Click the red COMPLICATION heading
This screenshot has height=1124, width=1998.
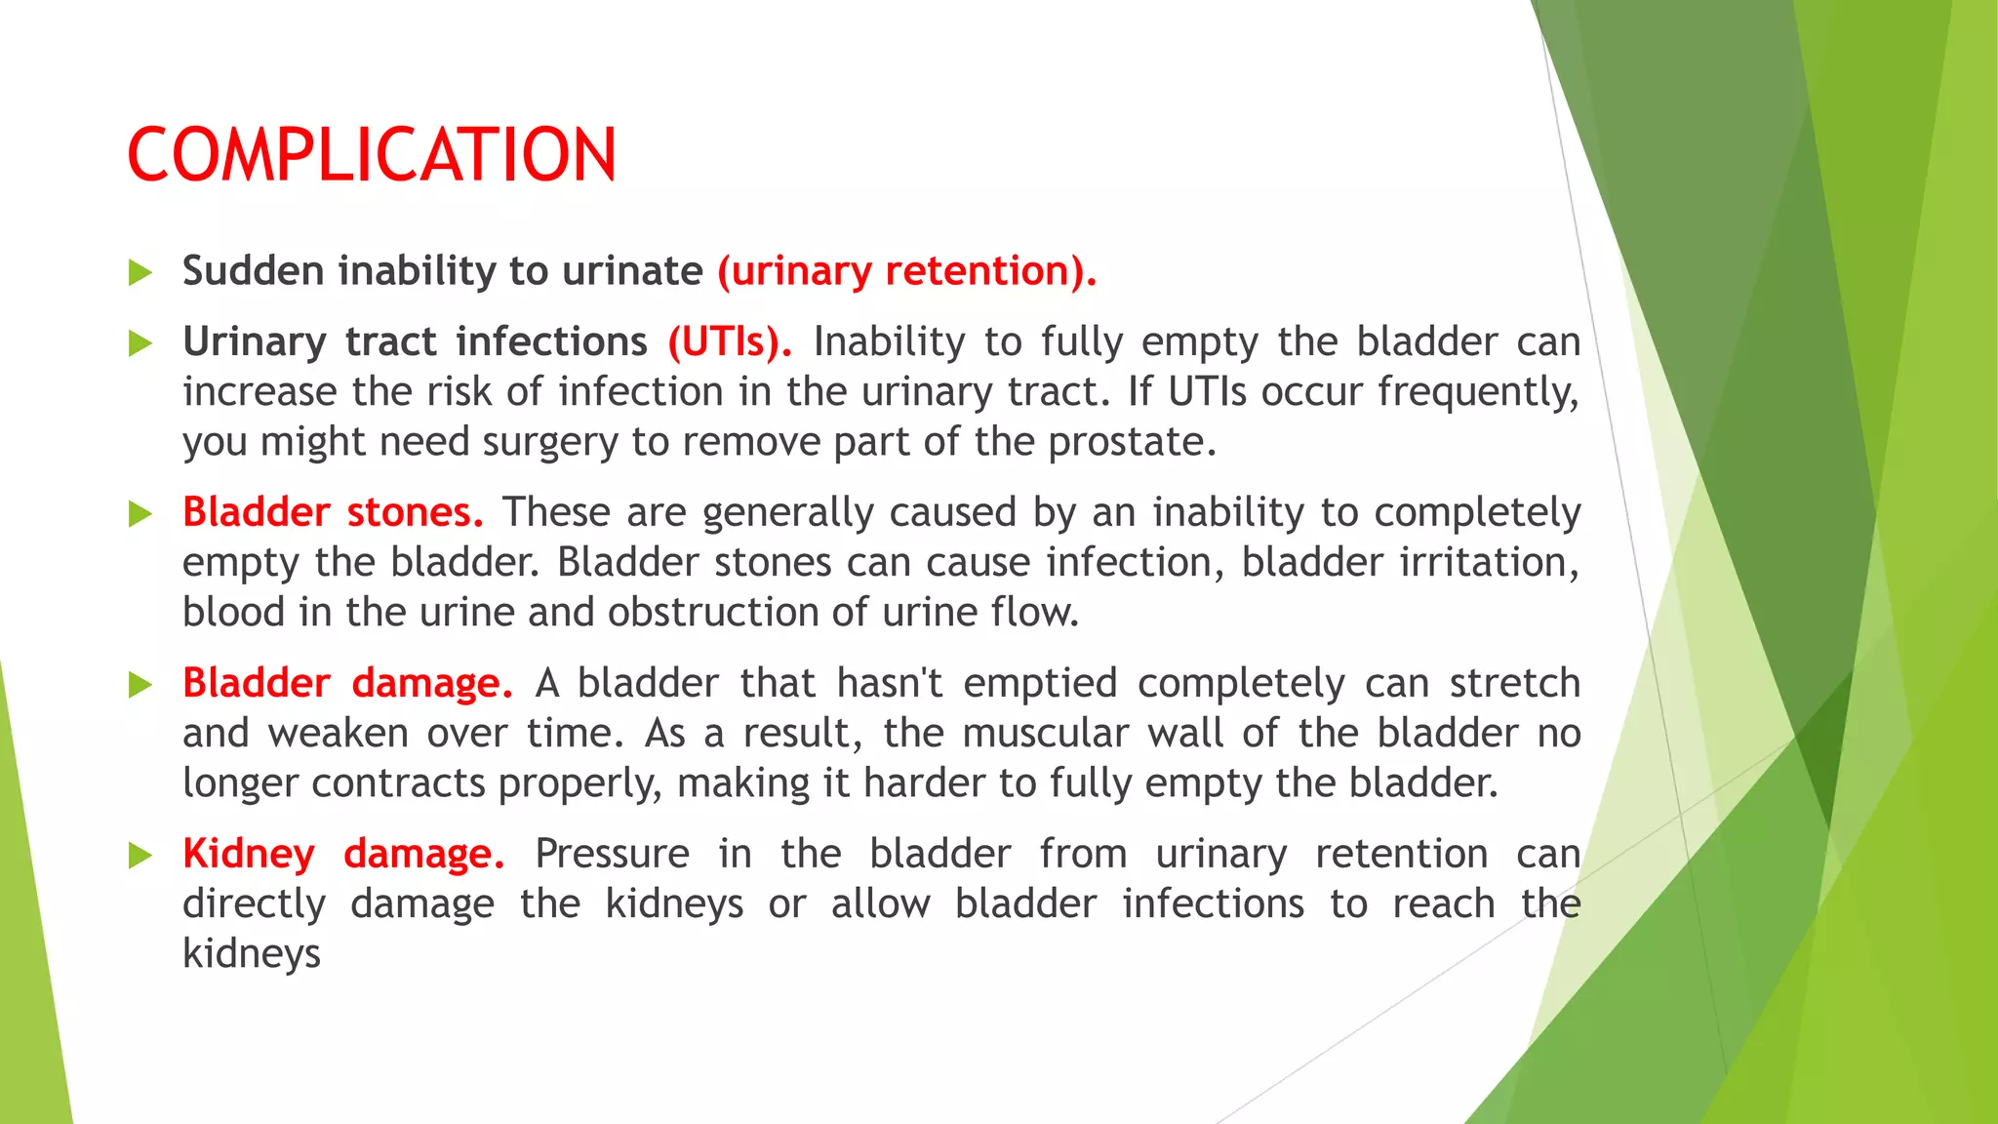(x=372, y=155)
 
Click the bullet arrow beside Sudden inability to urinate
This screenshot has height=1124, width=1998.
(x=140, y=272)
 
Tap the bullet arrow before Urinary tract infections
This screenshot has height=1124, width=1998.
(x=140, y=343)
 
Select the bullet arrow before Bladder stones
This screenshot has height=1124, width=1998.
(x=140, y=514)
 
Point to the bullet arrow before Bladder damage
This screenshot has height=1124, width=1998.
(x=140, y=685)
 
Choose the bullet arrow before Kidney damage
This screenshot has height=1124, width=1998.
(x=140, y=856)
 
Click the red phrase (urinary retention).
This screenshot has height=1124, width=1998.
(x=906, y=271)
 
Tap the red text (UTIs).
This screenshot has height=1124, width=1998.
(x=729, y=342)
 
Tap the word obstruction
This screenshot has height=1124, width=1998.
(x=713, y=613)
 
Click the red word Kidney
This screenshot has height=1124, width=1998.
(x=249, y=855)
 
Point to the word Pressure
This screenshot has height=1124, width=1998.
(x=612, y=855)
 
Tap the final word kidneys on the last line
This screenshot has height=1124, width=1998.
(x=252, y=954)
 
